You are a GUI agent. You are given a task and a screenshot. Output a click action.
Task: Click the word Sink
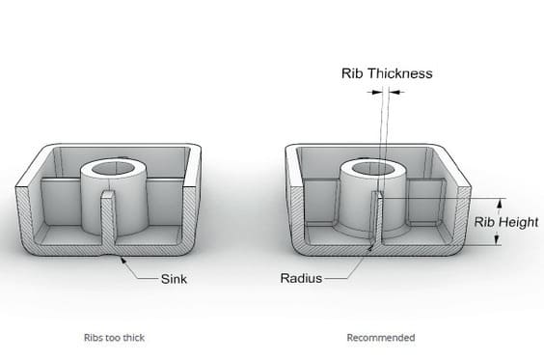[x=174, y=279]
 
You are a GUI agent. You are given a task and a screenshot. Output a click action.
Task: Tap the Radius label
[x=301, y=278]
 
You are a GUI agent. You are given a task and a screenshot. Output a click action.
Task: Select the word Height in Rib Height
[x=518, y=222]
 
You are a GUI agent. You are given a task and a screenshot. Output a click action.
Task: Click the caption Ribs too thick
[x=114, y=338]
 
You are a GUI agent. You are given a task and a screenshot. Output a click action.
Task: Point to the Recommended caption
[x=381, y=338]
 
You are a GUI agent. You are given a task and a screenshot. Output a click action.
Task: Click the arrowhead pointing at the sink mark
[x=123, y=260]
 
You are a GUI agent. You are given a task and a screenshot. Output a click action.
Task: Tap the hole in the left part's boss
[x=114, y=168]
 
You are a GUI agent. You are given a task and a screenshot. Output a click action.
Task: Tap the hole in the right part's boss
[x=373, y=169]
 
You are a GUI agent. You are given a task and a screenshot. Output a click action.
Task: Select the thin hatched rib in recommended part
[x=376, y=219]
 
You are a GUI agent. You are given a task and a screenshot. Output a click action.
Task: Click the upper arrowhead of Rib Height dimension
[x=500, y=203]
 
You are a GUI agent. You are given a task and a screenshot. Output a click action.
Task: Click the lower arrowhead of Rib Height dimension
[x=497, y=240]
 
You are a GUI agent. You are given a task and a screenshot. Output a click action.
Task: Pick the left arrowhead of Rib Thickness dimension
[x=377, y=93]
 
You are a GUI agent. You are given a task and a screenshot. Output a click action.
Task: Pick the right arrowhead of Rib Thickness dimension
[x=394, y=93]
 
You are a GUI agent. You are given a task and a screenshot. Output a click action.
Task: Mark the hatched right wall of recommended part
[x=462, y=215]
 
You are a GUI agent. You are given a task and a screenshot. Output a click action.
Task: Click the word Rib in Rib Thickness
[x=352, y=73]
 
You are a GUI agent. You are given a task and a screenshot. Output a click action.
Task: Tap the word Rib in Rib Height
[x=484, y=222]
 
